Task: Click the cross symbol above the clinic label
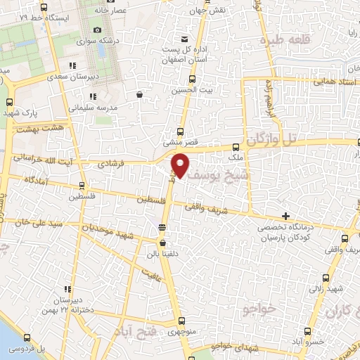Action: click(285, 216)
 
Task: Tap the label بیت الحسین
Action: click(188, 92)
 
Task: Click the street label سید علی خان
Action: click(31, 222)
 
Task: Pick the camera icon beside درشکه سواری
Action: click(98, 30)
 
